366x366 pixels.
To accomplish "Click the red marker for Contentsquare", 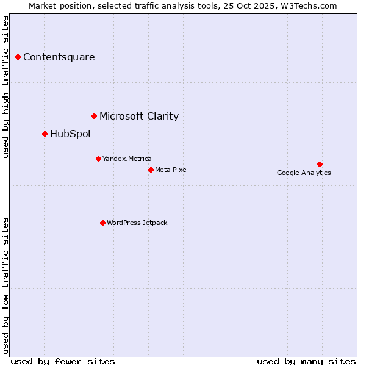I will pyautogui.click(x=18, y=57).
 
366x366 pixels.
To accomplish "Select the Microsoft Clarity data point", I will pyautogui.click(x=94, y=116).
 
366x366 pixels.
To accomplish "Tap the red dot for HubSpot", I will pyautogui.click(x=45, y=134).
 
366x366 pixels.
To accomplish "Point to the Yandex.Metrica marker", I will pyautogui.click(x=98, y=159).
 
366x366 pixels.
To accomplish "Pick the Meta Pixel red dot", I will pyautogui.click(x=151, y=170).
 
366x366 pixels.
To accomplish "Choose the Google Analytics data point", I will pyautogui.click(x=320, y=164).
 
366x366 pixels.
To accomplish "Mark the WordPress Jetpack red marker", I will pyautogui.click(x=102, y=223).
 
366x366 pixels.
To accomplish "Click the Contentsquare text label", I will pyautogui.click(x=59, y=57).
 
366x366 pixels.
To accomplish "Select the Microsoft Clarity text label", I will pyautogui.click(x=139, y=116).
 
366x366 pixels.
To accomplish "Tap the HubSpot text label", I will pyautogui.click(x=71, y=134).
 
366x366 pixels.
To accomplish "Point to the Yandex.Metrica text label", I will pyautogui.click(x=127, y=159).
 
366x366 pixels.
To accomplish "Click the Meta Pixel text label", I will pyautogui.click(x=171, y=170).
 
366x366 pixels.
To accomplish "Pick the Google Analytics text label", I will pyautogui.click(x=304, y=173).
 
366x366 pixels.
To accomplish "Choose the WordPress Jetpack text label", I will pyautogui.click(x=137, y=223).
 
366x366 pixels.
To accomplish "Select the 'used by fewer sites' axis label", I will pyautogui.click(x=63, y=361).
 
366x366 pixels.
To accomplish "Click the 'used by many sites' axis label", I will pyautogui.click(x=306, y=361).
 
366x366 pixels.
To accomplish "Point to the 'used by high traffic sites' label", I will pyautogui.click(x=6, y=87).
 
